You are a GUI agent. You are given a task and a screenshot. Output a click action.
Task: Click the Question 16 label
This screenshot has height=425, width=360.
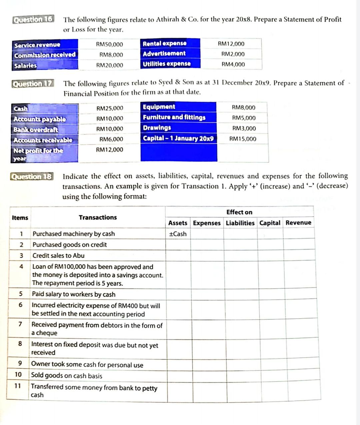(x=33, y=19)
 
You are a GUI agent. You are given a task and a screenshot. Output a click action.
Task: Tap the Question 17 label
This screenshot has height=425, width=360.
(x=33, y=84)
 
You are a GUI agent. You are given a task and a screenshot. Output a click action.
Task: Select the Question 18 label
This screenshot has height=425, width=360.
(x=32, y=177)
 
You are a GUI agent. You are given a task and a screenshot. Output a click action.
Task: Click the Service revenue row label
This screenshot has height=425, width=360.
(x=37, y=45)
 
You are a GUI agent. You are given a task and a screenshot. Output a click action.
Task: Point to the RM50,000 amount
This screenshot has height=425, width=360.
(x=109, y=45)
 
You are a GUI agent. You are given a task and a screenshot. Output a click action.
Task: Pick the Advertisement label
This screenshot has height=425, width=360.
(x=164, y=54)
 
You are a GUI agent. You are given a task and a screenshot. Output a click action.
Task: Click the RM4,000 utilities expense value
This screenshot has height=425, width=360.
(x=233, y=64)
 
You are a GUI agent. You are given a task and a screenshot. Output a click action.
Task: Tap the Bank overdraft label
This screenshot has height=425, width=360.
(x=36, y=130)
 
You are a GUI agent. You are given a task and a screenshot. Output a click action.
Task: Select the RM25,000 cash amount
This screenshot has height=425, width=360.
(x=110, y=108)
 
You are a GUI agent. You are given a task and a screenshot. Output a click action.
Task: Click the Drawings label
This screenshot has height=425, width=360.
(x=157, y=128)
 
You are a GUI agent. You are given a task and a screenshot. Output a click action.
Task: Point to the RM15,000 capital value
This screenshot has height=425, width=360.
(x=243, y=139)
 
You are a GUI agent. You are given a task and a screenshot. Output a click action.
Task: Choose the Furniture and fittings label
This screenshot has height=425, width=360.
(x=174, y=117)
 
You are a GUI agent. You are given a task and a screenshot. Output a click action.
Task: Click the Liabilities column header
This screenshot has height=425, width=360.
(x=240, y=223)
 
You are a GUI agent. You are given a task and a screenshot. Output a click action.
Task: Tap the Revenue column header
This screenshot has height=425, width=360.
(x=298, y=222)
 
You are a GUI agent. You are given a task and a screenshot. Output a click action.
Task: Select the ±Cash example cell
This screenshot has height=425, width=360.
(x=178, y=234)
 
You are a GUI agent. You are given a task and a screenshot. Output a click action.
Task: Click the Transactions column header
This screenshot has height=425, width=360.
(x=98, y=217)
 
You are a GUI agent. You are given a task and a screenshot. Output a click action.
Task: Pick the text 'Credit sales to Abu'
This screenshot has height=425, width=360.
(x=58, y=256)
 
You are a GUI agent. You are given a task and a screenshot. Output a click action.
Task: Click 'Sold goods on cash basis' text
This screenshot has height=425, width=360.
(x=67, y=375)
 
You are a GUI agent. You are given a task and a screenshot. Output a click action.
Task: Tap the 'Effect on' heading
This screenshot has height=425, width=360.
(x=239, y=212)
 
